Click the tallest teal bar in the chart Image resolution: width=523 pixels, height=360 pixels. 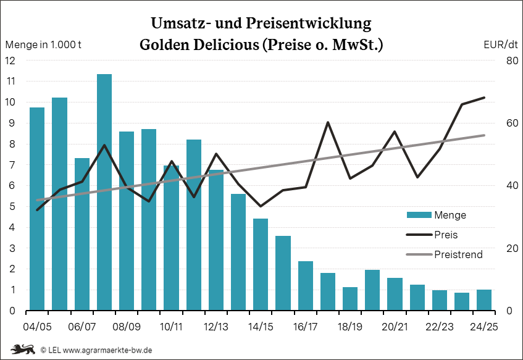pyautogui.click(x=104, y=192)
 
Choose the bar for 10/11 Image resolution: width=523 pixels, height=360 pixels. pyautogui.click(x=171, y=238)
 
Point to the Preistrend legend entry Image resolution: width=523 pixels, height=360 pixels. pyautogui.click(x=458, y=254)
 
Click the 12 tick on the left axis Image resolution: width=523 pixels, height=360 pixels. pyautogui.click(x=10, y=61)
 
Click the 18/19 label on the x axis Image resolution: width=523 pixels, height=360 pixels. pyautogui.click(x=350, y=325)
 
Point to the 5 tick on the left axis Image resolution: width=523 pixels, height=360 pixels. pyautogui.click(x=12, y=207)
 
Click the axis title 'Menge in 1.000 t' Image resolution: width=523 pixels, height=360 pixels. pyautogui.click(x=44, y=44)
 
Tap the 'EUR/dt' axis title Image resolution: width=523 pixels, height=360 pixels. pyautogui.click(x=501, y=44)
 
